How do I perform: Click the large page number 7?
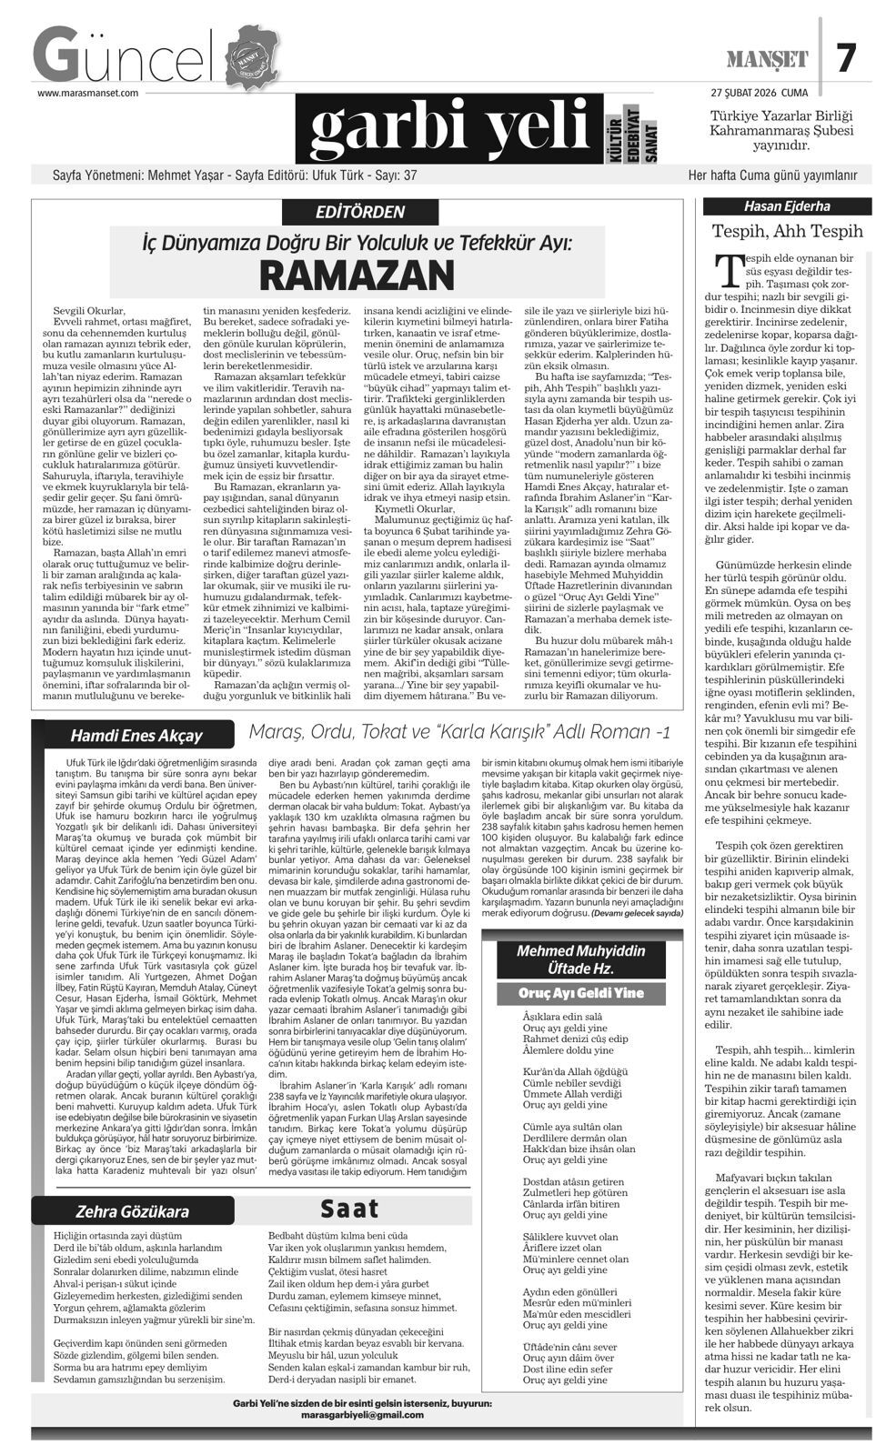(846, 59)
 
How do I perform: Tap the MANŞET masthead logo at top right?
(767, 60)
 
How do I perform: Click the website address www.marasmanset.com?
(87, 92)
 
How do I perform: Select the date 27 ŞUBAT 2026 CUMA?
(760, 92)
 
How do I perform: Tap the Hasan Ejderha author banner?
(787, 206)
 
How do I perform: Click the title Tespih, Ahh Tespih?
(787, 231)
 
